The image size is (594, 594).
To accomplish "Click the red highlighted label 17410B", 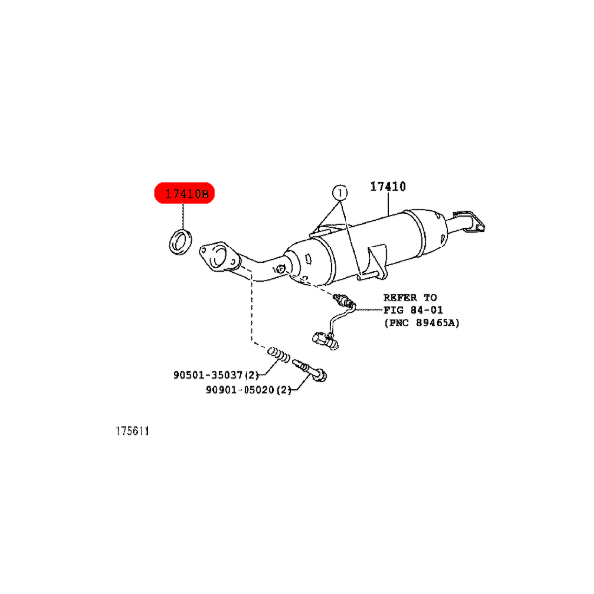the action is tap(184, 193).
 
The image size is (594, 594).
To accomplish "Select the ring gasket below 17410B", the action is tap(180, 242).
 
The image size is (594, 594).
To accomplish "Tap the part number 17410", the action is tap(388, 186).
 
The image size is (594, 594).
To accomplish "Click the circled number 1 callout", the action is tap(340, 193).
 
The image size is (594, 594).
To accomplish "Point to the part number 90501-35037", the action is tap(208, 375).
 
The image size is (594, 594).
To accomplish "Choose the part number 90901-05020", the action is tap(240, 389).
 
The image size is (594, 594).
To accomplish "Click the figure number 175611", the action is tap(132, 431).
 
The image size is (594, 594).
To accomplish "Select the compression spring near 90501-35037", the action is tap(279, 355).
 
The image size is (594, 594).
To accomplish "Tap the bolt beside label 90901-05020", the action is tap(310, 370).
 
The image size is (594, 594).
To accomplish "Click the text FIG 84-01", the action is tap(413, 310).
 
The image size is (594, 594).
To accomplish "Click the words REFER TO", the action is tap(410, 297).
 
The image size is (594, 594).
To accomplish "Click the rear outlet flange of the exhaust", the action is tap(469, 221).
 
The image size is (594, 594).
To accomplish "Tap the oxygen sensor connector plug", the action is tap(325, 340).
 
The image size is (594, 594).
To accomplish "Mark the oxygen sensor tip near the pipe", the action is tap(344, 301).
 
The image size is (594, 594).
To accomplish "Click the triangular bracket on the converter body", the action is tap(372, 262).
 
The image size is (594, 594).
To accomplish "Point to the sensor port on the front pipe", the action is tap(279, 269).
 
